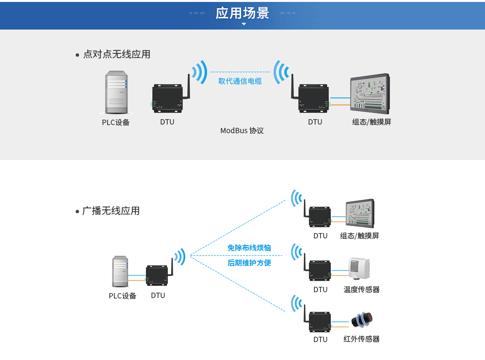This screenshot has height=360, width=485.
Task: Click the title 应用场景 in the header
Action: tap(242, 13)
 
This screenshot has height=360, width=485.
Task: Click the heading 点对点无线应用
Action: tap(116, 54)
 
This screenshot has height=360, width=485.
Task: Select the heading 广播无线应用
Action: tap(111, 211)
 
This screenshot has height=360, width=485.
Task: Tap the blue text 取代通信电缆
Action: tap(240, 81)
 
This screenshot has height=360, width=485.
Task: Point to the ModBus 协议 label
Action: tap(242, 130)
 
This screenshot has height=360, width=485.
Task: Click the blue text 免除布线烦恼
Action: tap(249, 248)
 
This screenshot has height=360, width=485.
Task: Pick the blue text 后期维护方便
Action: tap(249, 263)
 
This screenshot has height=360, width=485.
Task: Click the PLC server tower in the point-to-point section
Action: tap(116, 93)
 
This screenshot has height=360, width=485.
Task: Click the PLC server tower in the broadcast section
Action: tap(120, 271)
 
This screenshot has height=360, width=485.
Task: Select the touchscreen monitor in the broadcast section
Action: tap(360, 213)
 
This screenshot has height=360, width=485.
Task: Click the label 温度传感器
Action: tap(361, 289)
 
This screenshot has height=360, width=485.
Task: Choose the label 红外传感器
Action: tap(361, 339)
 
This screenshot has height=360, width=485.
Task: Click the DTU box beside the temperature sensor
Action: tap(320, 270)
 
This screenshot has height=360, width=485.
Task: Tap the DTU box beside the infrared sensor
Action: tap(320, 321)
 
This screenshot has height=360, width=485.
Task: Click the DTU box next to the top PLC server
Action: tap(167, 98)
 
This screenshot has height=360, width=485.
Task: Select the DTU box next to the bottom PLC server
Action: tap(157, 276)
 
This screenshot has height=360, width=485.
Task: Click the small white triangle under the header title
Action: tap(244, 24)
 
